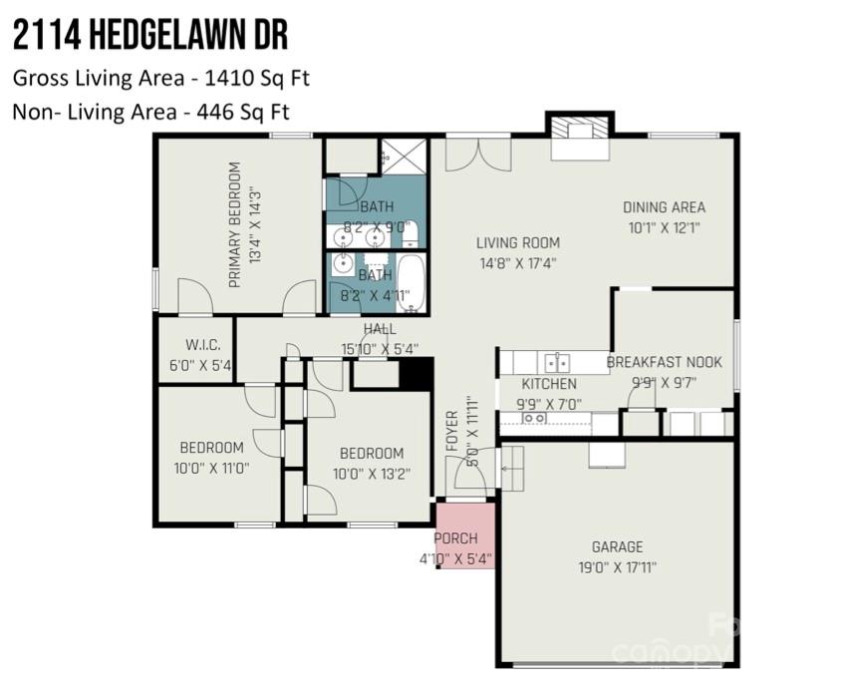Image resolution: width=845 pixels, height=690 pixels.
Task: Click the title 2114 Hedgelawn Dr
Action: coord(150,36)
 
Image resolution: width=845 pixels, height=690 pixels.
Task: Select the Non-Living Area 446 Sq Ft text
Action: coord(150,112)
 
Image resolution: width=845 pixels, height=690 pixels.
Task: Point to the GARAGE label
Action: coord(617,546)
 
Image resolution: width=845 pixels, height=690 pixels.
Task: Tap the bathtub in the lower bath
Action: coord(410,282)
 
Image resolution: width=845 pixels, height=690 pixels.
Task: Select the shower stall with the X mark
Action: coord(403,156)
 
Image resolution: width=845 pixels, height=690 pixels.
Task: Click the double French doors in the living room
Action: coord(478,153)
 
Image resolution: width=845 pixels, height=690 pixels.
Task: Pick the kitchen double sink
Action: coord(556,362)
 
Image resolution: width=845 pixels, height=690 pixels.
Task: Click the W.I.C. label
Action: coord(194,346)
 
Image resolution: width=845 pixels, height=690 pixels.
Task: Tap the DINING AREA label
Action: coord(664,207)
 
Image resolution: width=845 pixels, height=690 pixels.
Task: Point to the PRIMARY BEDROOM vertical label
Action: coord(235,224)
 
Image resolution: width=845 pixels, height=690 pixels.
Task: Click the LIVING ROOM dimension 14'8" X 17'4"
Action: coord(516,264)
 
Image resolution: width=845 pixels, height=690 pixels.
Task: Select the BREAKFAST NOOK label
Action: coord(664,362)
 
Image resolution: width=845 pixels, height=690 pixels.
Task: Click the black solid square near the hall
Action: coord(416,373)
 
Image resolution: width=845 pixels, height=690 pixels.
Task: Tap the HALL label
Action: coord(380,329)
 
